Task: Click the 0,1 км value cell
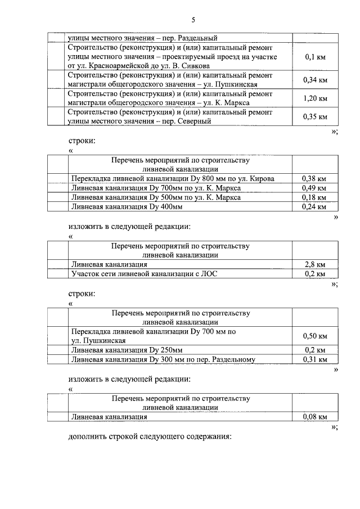click(x=315, y=57)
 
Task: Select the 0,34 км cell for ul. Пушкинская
click(x=315, y=80)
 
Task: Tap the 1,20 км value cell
click(x=315, y=98)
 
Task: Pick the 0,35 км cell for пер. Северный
click(x=315, y=117)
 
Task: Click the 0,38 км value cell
click(x=315, y=178)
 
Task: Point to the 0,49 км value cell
click(x=315, y=188)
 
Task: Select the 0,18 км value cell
click(x=315, y=197)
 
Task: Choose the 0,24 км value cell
click(x=315, y=207)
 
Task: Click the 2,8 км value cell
click(x=315, y=264)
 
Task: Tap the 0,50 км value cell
click(x=315, y=336)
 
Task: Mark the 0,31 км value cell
click(x=315, y=359)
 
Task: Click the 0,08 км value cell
click(x=315, y=417)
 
